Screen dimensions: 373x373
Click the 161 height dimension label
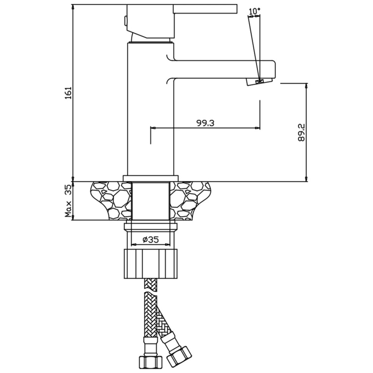click(x=68, y=93)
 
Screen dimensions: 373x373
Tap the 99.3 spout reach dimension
click(x=205, y=123)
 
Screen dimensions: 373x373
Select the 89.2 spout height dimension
click(x=301, y=132)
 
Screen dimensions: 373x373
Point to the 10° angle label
click(x=254, y=11)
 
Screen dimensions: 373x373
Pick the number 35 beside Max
click(x=68, y=190)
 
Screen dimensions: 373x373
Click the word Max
click(x=68, y=209)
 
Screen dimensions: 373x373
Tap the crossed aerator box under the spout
click(x=259, y=82)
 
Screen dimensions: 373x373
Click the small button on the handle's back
click(x=125, y=20)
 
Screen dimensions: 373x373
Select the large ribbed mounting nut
click(x=151, y=263)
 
